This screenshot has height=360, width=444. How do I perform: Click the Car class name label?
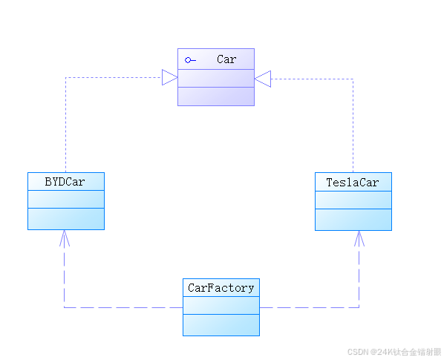point(226,59)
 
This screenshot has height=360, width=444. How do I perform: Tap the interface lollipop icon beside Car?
point(190,60)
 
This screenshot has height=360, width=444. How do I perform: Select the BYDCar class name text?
point(65,182)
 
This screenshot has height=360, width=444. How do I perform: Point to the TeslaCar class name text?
point(353,183)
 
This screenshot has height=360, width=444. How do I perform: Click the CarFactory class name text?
point(221,288)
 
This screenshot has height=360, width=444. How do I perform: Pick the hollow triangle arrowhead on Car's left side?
point(169,77)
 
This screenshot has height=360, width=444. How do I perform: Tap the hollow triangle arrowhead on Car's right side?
point(263,79)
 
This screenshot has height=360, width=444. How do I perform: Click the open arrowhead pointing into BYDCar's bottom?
point(65,238)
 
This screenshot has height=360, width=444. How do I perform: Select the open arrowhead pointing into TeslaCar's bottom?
point(359,238)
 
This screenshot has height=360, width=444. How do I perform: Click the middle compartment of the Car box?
point(216,78)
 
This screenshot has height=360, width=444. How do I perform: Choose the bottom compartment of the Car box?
point(216,96)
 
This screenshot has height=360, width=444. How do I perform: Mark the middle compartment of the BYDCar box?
point(66,199)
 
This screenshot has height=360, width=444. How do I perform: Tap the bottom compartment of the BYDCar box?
point(66,219)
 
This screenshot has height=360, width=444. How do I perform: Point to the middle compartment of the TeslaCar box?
point(353,200)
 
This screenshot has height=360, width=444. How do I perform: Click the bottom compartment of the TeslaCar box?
point(353,220)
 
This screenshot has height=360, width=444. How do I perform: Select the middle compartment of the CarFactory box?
point(221,305)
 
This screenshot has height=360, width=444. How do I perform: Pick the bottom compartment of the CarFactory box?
point(221,325)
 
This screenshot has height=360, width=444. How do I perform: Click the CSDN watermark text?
point(394,352)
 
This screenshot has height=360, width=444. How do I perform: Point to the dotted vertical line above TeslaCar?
point(353,125)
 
